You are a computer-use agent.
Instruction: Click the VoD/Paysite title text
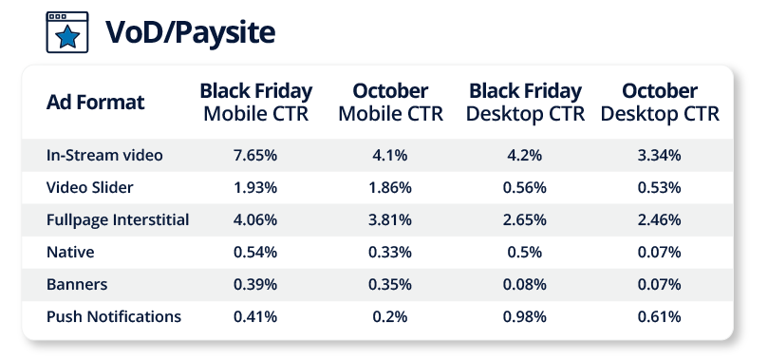190,32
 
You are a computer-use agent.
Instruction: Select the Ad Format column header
96,103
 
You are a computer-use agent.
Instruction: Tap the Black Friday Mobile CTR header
255,103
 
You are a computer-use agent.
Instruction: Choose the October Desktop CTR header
660,103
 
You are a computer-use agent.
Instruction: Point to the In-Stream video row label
104,155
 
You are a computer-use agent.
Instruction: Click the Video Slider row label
89,187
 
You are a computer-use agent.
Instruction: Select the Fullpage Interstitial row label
118,220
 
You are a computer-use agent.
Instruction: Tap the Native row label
70,253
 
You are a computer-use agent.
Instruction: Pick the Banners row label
77,285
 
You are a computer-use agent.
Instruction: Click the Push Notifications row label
114,317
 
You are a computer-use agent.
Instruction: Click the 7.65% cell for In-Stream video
255,156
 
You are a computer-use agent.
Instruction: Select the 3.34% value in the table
659,156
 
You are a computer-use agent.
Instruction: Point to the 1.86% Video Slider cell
390,188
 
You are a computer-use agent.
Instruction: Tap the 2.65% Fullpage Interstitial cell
525,220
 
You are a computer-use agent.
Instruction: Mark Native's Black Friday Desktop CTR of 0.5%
525,253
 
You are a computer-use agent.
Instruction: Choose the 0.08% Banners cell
525,285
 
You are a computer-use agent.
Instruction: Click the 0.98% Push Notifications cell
525,317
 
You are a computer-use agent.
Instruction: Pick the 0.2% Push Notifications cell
390,317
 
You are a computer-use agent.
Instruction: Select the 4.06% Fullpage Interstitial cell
255,220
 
